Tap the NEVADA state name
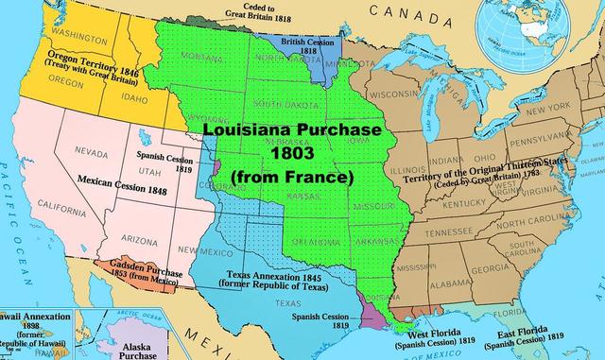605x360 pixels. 91,152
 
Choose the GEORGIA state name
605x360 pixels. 490,268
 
